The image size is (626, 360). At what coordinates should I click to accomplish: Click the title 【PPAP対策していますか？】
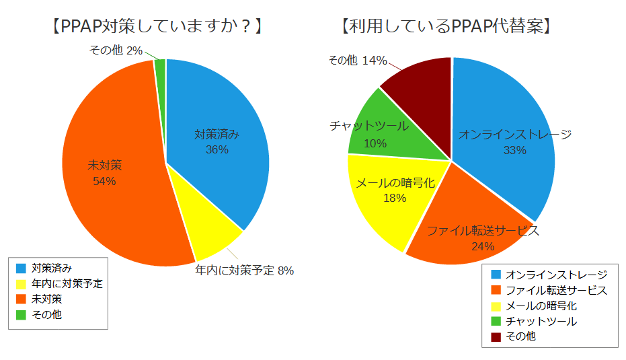(x=155, y=27)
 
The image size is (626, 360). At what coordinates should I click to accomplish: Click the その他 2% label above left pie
(x=115, y=50)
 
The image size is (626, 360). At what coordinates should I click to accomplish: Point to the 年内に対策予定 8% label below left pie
(x=244, y=271)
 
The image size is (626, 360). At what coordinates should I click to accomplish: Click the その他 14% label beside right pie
(x=357, y=61)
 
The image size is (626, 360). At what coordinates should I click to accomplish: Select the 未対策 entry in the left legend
(x=47, y=299)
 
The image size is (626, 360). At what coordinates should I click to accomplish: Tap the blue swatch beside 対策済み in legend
(x=21, y=268)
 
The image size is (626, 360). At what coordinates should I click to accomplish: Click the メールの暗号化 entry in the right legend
(x=541, y=305)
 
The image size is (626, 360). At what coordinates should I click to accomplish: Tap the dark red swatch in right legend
(x=496, y=336)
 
